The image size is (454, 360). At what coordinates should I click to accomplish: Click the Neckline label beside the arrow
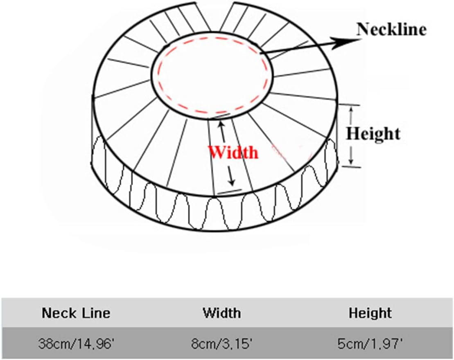(391, 29)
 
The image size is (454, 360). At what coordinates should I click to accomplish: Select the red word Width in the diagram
(233, 152)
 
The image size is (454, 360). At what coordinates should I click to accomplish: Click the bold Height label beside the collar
(373, 133)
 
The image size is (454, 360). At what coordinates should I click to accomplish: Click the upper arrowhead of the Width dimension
(221, 125)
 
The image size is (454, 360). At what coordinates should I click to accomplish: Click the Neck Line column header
(76, 313)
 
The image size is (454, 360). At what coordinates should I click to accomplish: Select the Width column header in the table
(221, 313)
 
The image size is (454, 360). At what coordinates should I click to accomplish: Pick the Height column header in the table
(370, 313)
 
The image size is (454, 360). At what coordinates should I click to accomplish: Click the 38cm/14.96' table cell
(76, 342)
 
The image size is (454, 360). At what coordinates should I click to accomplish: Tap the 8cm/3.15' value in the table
(221, 342)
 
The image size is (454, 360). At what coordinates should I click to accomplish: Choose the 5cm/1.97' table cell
(370, 342)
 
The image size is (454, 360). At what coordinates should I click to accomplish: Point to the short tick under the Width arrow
(229, 190)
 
